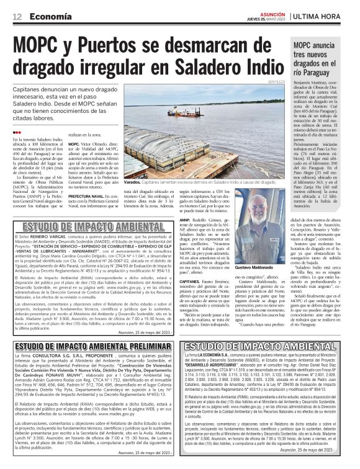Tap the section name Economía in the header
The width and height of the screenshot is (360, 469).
50,16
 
